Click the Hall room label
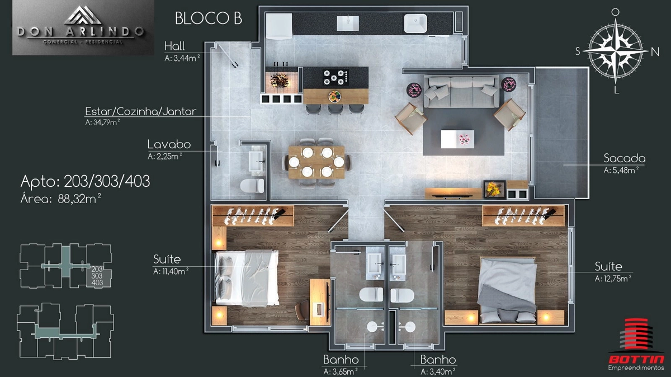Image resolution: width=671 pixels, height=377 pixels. pyautogui.click(x=174, y=46)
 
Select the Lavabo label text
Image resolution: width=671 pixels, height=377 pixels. pyautogui.click(x=169, y=144)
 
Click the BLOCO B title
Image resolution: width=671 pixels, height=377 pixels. pyautogui.click(x=209, y=18)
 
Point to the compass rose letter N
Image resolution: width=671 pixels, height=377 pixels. pyautogui.click(x=655, y=52)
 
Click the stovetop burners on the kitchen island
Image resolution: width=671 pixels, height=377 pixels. pyautogui.click(x=336, y=77)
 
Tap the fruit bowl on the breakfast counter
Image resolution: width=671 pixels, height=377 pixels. pyautogui.click(x=334, y=97)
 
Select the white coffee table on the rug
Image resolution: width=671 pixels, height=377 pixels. pyautogui.click(x=457, y=139)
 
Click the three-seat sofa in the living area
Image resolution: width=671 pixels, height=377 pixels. pyautogui.click(x=461, y=91)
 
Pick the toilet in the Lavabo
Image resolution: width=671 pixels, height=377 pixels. pyautogui.click(x=252, y=186)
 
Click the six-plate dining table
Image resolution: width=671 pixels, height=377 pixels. pyautogui.click(x=316, y=162)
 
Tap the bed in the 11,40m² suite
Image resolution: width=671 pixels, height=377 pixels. pyautogui.click(x=247, y=278)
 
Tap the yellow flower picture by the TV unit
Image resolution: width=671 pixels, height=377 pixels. pyautogui.click(x=494, y=190)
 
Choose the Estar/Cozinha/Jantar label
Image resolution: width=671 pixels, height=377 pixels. pyautogui.click(x=141, y=111)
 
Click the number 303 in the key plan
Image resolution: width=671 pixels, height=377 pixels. pyautogui.click(x=97, y=276)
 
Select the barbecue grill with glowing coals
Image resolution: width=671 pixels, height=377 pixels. pyautogui.click(x=280, y=80)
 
